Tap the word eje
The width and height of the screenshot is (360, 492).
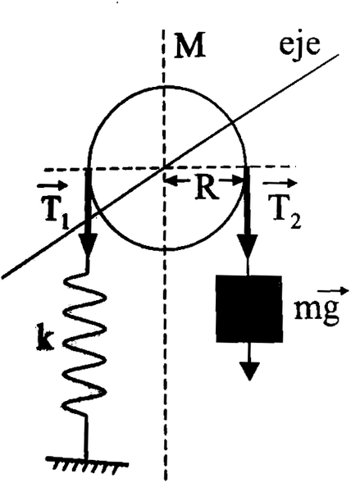300,44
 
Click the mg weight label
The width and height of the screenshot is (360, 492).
317,309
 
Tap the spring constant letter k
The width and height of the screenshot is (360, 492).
45,338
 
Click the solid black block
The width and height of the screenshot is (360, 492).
248,309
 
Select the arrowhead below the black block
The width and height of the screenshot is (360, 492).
249,371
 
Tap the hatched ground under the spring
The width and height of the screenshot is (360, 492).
87,464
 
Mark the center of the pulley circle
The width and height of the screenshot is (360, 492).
164,168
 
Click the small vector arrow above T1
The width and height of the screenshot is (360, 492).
52,186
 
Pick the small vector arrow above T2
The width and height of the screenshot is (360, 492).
280,183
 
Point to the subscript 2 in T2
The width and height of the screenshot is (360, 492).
295,221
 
